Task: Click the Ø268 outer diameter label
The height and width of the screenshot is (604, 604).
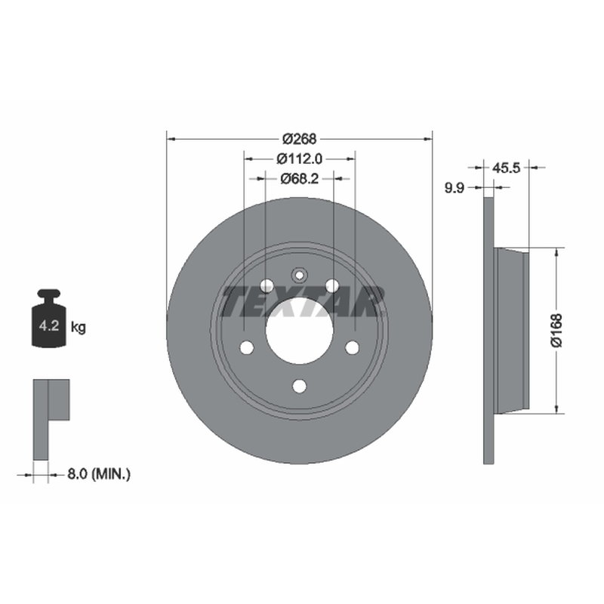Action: tap(299, 139)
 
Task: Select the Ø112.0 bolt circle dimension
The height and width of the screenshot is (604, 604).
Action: tap(299, 159)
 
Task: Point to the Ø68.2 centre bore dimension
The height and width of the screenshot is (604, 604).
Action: tap(299, 178)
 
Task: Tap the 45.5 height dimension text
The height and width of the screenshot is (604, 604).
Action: tap(506, 168)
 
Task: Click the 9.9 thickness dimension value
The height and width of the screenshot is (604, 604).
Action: tap(455, 188)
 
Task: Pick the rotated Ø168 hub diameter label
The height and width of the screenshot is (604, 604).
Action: tap(556, 331)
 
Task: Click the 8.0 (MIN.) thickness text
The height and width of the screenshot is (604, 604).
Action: tap(99, 474)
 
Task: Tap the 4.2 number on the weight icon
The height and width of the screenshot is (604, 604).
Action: tap(49, 326)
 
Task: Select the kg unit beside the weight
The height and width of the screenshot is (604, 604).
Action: tap(79, 328)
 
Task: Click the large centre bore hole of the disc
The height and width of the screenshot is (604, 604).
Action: tap(299, 331)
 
